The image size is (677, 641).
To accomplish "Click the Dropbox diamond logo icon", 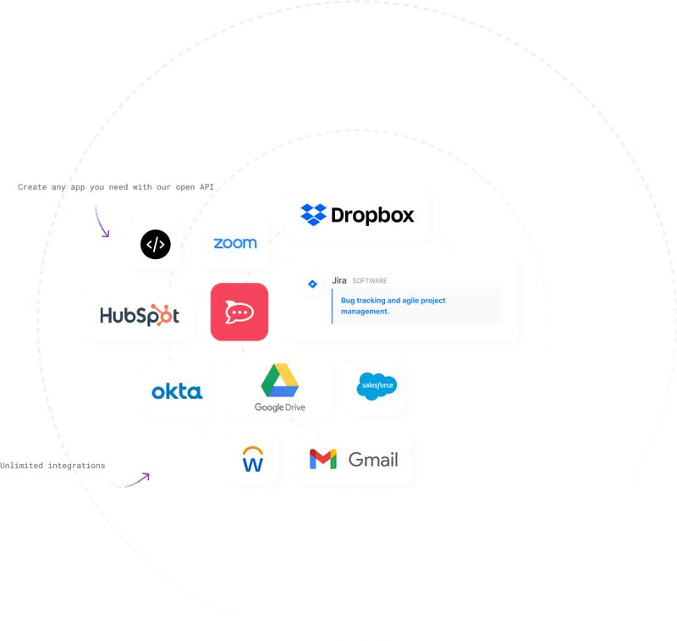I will click(313, 215).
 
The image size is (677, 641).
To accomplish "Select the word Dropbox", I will click(372, 215).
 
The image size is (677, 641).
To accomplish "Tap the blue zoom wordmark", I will click(234, 243).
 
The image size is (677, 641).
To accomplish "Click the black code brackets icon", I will click(155, 245).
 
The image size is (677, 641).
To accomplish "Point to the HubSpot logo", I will click(140, 315).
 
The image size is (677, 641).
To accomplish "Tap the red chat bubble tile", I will click(239, 312).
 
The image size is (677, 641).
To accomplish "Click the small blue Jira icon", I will click(312, 285).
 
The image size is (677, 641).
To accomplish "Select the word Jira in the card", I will click(339, 280).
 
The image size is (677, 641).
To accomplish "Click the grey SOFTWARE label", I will click(370, 281).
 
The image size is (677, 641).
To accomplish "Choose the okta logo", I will click(176, 391).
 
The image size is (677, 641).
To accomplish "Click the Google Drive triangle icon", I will click(279, 380).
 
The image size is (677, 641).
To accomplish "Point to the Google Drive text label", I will click(279, 408).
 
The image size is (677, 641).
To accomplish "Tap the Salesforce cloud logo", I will click(377, 386).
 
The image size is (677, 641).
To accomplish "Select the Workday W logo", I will click(252, 459).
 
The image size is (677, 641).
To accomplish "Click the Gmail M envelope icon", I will click(322, 460).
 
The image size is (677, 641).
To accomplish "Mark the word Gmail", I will click(373, 460).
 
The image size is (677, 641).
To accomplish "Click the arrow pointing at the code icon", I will click(105, 224).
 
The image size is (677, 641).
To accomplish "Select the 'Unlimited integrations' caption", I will click(52, 465).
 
